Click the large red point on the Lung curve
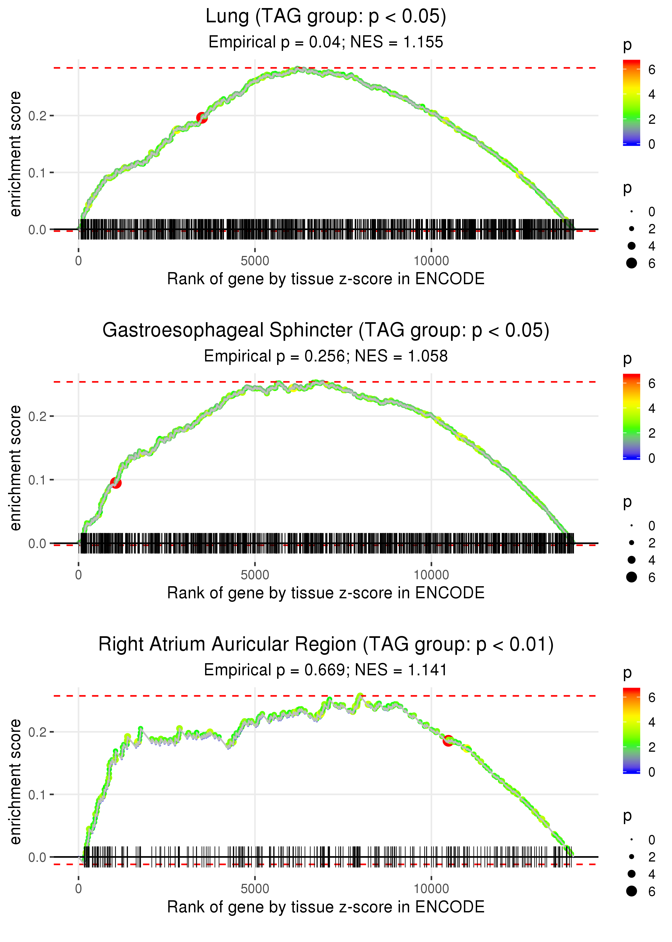[202, 118]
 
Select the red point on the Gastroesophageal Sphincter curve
[116, 483]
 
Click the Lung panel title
[326, 17]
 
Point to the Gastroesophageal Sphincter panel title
[326, 331]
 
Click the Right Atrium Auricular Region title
[326, 645]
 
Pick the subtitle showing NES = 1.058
[326, 356]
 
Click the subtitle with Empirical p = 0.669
[326, 670]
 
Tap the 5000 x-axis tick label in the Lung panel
[255, 261]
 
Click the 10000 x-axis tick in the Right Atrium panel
[431, 889]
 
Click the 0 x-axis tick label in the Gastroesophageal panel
[78, 575]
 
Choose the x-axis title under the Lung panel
[326, 279]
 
